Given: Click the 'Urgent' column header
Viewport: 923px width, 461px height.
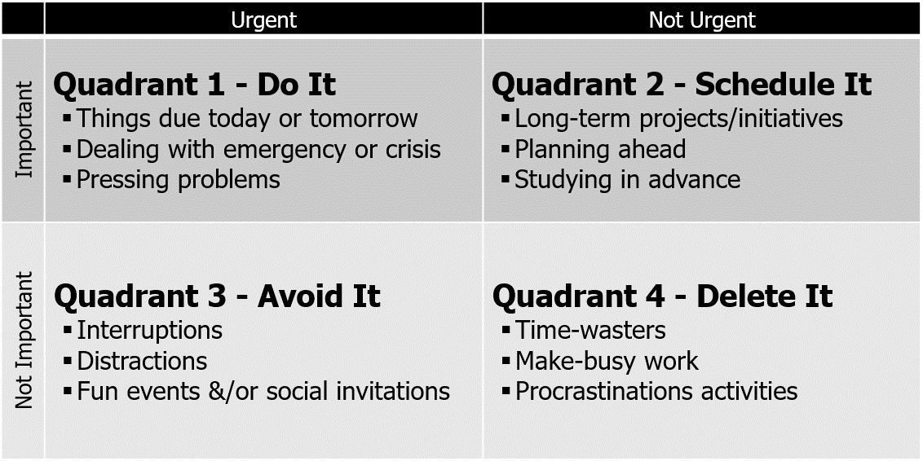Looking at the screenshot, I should [x=264, y=20].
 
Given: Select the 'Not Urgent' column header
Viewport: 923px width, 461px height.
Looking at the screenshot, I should [x=702, y=20].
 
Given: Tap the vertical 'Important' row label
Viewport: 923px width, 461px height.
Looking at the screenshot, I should [x=24, y=129].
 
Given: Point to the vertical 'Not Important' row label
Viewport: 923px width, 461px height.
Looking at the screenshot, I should [x=24, y=340].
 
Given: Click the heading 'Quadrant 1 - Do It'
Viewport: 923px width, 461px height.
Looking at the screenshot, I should [x=194, y=85].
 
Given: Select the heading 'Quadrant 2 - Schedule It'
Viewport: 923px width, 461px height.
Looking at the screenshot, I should [x=682, y=85].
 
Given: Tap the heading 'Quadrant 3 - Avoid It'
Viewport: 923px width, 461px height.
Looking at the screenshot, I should [x=217, y=296].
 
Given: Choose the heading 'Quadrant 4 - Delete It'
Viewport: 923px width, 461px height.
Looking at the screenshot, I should [x=662, y=296].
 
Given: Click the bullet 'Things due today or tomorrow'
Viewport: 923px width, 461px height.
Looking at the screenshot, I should [x=246, y=119].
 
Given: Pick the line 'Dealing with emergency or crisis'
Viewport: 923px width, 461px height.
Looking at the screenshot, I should [x=258, y=150].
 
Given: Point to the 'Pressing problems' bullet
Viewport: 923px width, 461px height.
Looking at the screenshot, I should [x=178, y=179].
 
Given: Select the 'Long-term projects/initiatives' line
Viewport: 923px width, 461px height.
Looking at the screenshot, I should [x=678, y=119].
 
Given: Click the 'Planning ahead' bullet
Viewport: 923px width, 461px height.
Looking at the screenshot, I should [x=600, y=150].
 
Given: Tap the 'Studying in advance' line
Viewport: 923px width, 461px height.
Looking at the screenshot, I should [x=627, y=179].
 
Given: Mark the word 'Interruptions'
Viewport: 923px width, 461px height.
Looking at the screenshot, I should [x=149, y=330].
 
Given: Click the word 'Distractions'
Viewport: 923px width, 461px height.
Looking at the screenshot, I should [x=142, y=361].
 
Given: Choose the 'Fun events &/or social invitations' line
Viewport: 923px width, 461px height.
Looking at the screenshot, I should [x=263, y=391].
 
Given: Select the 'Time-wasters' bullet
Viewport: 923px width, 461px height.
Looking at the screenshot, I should [x=590, y=330].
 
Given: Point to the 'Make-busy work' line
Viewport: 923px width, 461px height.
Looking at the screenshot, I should [x=607, y=361].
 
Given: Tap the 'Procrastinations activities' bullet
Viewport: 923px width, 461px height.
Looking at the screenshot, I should [x=656, y=391].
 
